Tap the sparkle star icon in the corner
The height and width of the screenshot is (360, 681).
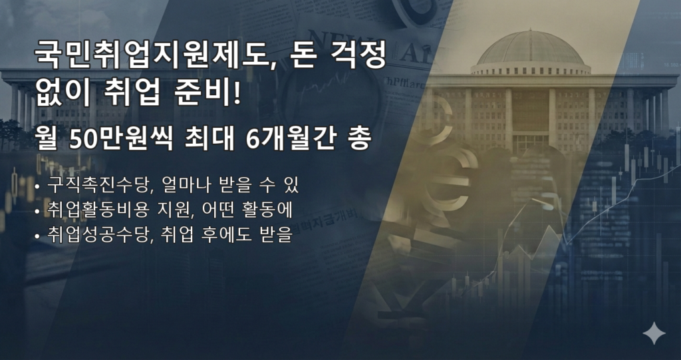(654, 333)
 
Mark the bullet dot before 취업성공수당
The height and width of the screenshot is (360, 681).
(37, 236)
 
